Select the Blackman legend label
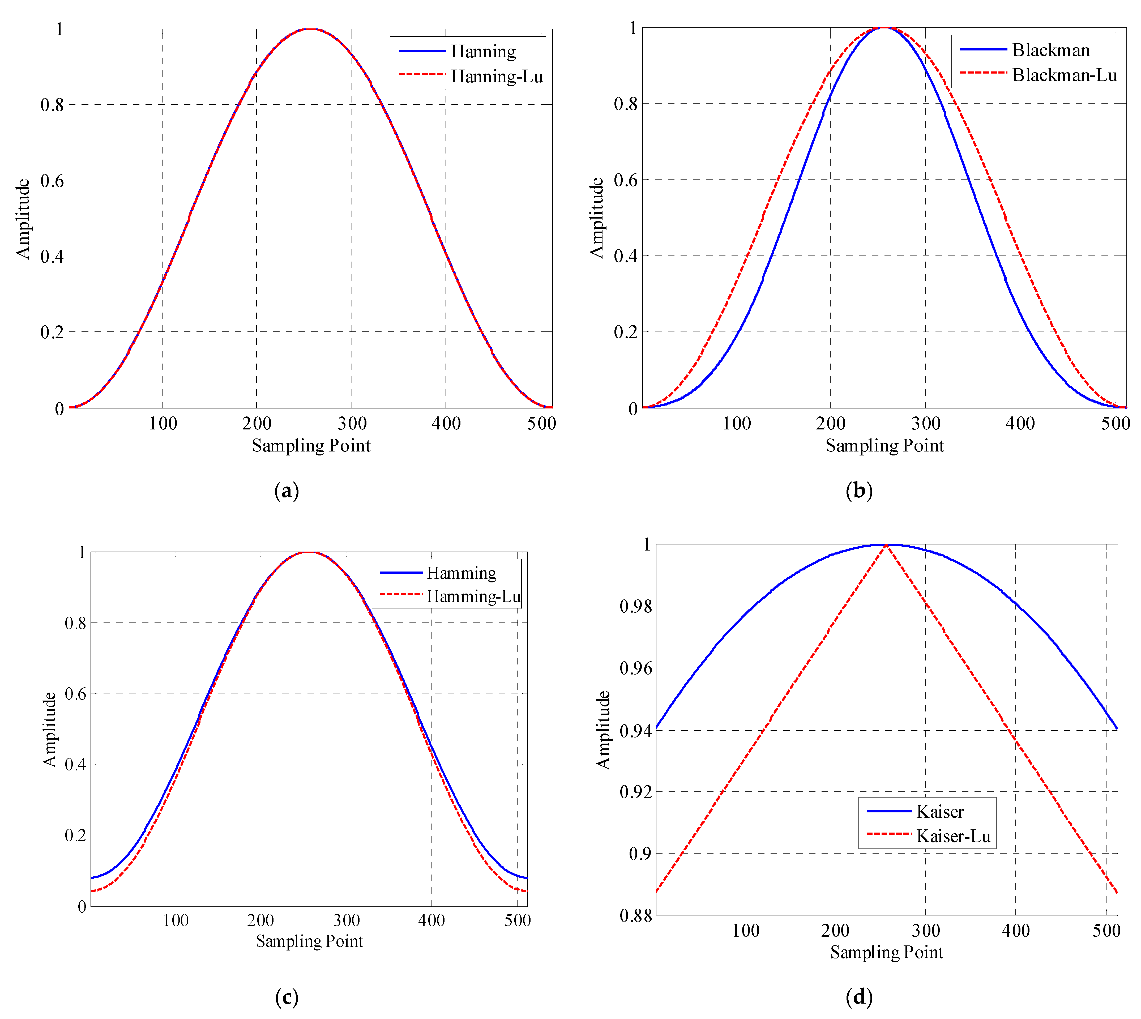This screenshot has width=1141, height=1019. [x=1051, y=50]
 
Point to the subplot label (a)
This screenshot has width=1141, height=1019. [x=287, y=491]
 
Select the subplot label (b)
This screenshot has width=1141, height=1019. [x=859, y=491]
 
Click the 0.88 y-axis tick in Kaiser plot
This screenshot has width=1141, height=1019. [x=635, y=916]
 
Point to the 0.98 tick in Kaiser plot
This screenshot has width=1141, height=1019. [x=635, y=606]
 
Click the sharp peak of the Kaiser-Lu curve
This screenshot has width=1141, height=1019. [x=886, y=545]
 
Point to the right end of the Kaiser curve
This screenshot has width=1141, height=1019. [x=1116, y=728]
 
